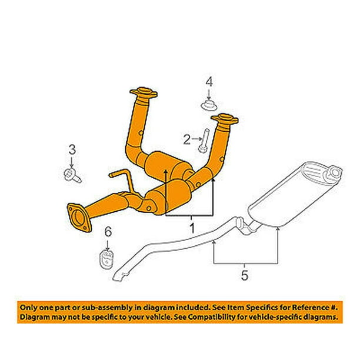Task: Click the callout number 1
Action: point(192,228)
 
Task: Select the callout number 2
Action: point(187,139)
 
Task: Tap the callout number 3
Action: point(72,149)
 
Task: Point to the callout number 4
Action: point(209,82)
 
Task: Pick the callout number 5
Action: point(245,275)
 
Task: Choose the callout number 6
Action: point(108,231)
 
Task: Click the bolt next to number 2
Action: point(204,141)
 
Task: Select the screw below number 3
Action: point(72,175)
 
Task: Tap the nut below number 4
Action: point(209,105)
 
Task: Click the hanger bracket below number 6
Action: point(106,259)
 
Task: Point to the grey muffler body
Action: point(295,194)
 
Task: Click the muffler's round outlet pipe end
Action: point(335,172)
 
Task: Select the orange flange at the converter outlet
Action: point(79,218)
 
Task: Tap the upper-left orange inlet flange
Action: point(144,92)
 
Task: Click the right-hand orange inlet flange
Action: point(225,119)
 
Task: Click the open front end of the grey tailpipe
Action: point(118,277)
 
